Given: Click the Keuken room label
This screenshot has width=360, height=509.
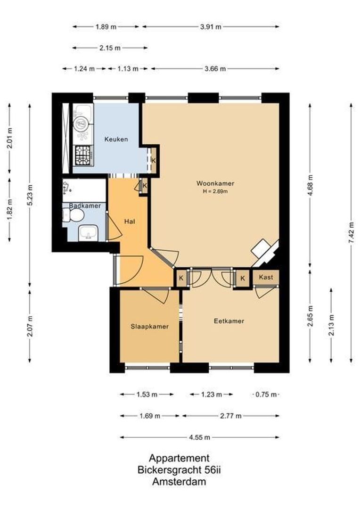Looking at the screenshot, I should [x=116, y=139].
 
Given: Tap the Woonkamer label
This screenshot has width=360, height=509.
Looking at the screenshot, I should [x=216, y=183].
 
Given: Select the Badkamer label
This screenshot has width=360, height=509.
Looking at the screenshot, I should [x=85, y=206].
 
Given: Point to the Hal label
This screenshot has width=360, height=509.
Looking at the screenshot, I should [x=130, y=221].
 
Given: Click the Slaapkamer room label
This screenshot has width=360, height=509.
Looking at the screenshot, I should [x=149, y=326].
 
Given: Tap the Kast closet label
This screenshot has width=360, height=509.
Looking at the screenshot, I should [x=266, y=277].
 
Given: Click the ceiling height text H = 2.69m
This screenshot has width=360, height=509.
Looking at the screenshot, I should [x=216, y=191].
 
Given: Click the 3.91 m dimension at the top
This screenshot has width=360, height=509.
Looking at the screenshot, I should [x=211, y=27].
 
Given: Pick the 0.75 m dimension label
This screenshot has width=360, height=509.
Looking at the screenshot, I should [x=266, y=394].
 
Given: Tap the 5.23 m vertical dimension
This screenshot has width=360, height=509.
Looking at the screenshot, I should [x=30, y=194].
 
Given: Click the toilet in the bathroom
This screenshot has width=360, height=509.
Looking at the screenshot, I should [x=74, y=216].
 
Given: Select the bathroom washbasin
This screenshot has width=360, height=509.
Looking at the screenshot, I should [x=89, y=232].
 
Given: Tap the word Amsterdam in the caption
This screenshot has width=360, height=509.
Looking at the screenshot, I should [x=179, y=482].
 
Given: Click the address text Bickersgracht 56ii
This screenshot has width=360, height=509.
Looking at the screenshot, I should [x=179, y=470].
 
